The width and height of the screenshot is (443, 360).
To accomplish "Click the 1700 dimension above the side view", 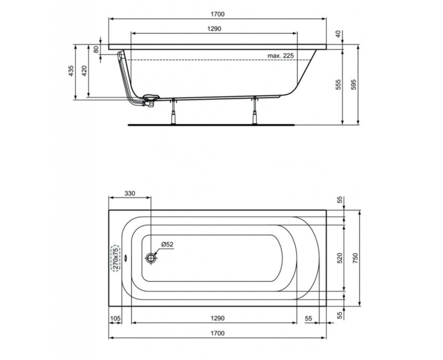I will click(217, 14).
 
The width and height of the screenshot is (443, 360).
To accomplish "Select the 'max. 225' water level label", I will click(281, 55).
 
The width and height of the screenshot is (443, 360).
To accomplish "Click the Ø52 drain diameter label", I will click(168, 244).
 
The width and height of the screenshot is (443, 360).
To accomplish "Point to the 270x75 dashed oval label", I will click(115, 258).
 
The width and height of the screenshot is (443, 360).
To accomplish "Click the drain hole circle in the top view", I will click(151, 258).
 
